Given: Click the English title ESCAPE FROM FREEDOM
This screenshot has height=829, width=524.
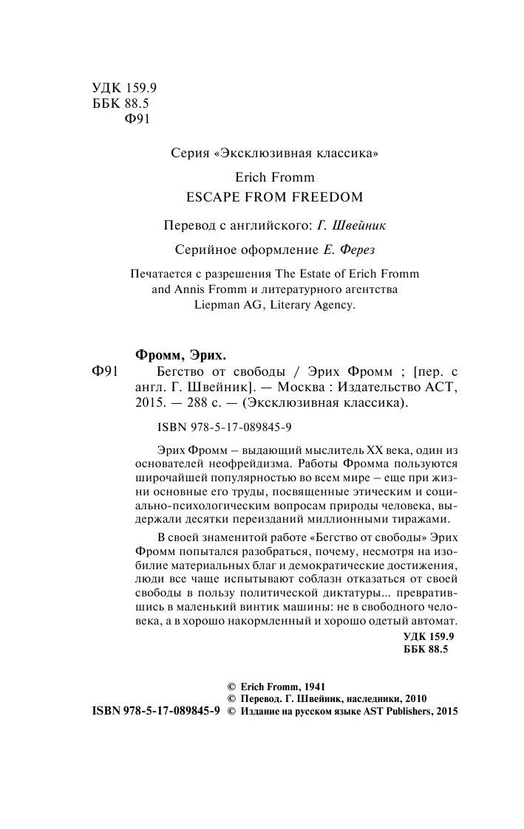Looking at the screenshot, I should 274,197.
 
